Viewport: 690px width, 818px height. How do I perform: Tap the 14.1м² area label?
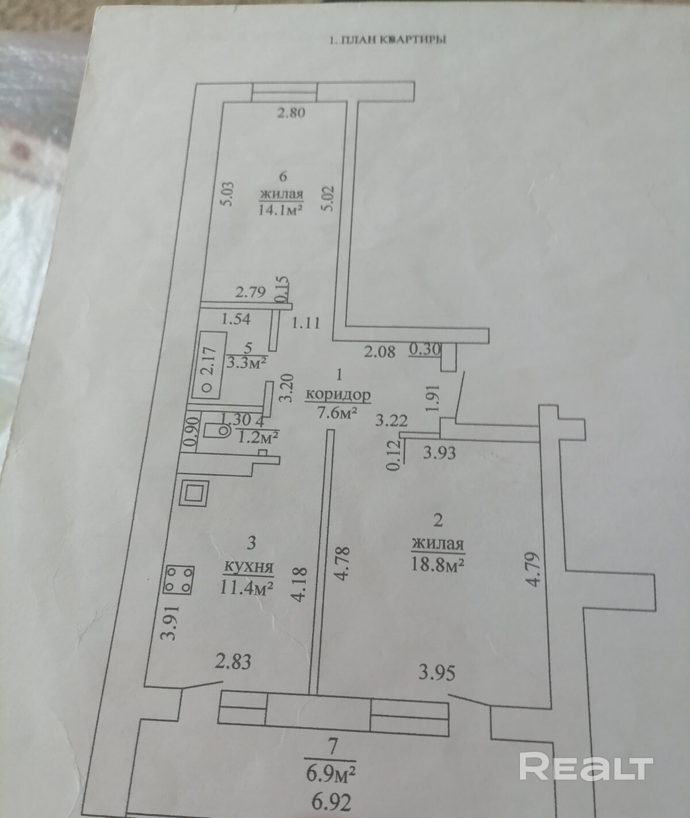click(281, 209)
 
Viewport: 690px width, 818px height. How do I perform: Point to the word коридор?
click(338, 395)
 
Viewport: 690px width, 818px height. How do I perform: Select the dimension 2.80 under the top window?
click(290, 113)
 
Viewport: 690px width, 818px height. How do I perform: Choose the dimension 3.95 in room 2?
click(437, 673)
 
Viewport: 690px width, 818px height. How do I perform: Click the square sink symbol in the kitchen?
click(194, 493)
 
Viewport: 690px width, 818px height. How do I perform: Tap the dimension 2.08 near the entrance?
click(379, 352)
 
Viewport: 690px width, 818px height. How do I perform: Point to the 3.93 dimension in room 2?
click(440, 453)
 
